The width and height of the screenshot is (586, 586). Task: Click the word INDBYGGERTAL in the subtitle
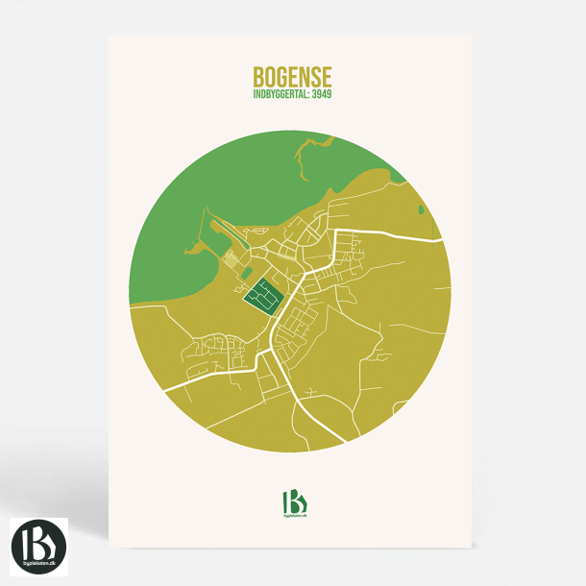pyautogui.click(x=278, y=95)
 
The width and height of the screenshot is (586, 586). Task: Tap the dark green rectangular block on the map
pyautogui.click(x=262, y=296)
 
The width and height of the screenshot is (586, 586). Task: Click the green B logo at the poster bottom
pyautogui.click(x=293, y=502)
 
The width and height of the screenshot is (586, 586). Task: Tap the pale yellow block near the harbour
pyautogui.click(x=232, y=259)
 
